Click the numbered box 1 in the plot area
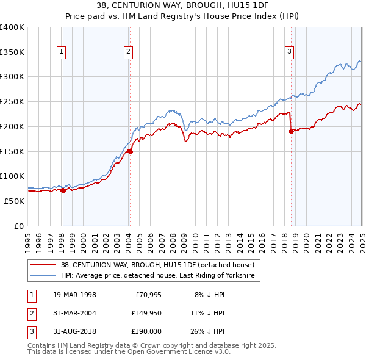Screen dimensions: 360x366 pos(62,52)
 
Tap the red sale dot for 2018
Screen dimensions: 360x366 pos(291,131)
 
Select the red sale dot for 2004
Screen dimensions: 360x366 pos(130,151)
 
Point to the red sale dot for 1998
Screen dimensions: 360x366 pos(63,190)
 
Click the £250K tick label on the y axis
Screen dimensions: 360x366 pos(12,102)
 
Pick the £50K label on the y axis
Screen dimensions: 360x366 pos(15,201)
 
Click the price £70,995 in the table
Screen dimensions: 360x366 pos(145,295)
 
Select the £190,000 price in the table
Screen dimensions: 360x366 pos(145,333)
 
